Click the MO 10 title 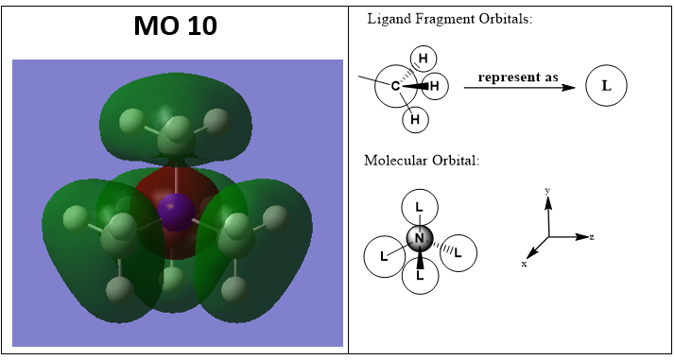pos(175,26)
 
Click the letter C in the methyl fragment pos(395,86)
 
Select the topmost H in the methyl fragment pos(424,58)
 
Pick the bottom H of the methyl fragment pos(415,119)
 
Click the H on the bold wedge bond pos(434,86)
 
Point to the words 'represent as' pos(518,77)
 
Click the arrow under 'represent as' pos(520,87)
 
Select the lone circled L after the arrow pos(606,86)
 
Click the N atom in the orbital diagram pos(420,239)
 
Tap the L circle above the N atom pos(420,207)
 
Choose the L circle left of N pos(384,256)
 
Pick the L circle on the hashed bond pos(459,253)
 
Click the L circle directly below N pos(420,276)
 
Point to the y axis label pos(547,191)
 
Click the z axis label pos(592,236)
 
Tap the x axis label pos(524,264)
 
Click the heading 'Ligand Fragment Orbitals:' pos(449,19)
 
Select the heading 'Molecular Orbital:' pos(422,161)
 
